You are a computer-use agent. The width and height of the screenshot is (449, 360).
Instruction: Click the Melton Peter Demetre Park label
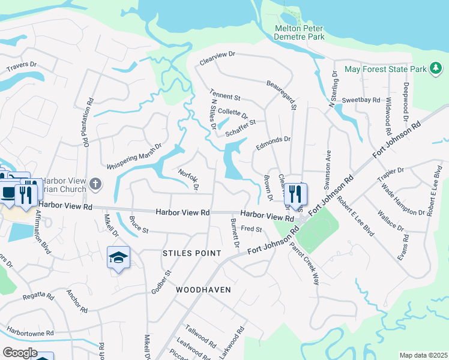[300, 32]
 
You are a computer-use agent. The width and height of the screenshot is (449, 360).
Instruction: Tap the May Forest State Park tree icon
[436, 69]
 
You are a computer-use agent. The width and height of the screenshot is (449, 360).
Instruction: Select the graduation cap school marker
[119, 257]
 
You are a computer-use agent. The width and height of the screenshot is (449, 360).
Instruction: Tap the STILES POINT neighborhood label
[192, 253]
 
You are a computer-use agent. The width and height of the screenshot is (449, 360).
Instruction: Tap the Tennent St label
[225, 94]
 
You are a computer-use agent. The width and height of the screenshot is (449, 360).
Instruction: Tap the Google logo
[19, 352]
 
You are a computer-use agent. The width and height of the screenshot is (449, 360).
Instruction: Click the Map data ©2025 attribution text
[423, 355]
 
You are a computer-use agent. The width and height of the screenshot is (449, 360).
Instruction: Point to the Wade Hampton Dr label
[403, 199]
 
